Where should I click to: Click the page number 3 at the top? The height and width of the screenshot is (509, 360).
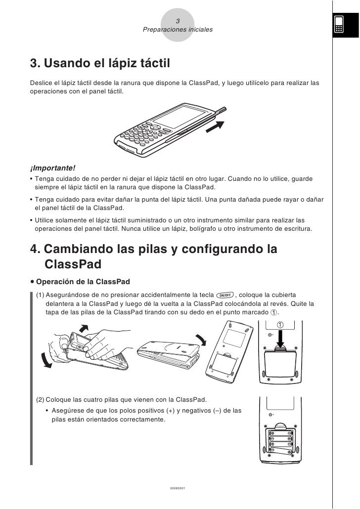[x=178, y=21]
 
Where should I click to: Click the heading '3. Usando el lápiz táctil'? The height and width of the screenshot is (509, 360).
[x=100, y=64]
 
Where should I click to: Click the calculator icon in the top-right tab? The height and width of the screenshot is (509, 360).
[x=339, y=24]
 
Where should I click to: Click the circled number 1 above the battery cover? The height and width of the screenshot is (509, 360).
[x=281, y=325]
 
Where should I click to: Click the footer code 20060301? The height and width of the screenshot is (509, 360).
[x=177, y=488]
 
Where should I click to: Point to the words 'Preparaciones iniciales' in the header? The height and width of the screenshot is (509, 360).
[x=178, y=30]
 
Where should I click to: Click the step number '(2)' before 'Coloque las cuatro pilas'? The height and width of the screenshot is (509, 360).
[x=41, y=399]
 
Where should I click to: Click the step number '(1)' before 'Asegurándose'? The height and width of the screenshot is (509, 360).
[x=41, y=296]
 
